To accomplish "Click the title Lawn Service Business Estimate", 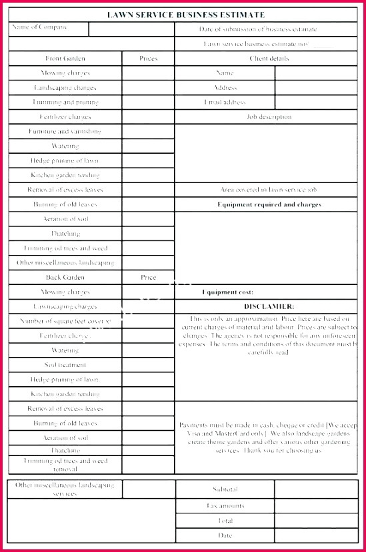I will click(x=186, y=15).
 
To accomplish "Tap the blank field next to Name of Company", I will click(x=131, y=29).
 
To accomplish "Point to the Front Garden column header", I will click(x=65, y=59).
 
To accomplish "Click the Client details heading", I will click(x=269, y=59).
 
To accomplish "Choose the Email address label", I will click(x=225, y=103).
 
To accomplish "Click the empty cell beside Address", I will click(x=316, y=88).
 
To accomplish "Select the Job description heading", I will click(x=269, y=117).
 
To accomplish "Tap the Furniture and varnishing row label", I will click(x=65, y=132).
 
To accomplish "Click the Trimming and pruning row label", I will click(x=65, y=103).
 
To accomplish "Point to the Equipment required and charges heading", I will click(x=269, y=204).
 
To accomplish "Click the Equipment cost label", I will click(x=227, y=292).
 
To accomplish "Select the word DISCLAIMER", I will click(x=269, y=306).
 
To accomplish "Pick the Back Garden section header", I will click(x=65, y=278).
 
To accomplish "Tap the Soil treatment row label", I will click(x=65, y=365).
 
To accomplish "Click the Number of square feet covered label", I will click(x=65, y=322).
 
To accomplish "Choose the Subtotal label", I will click(x=225, y=489).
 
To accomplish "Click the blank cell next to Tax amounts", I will click(x=316, y=506).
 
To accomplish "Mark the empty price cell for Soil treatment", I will click(x=148, y=365).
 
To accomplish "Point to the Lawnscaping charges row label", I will click(x=65, y=307).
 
